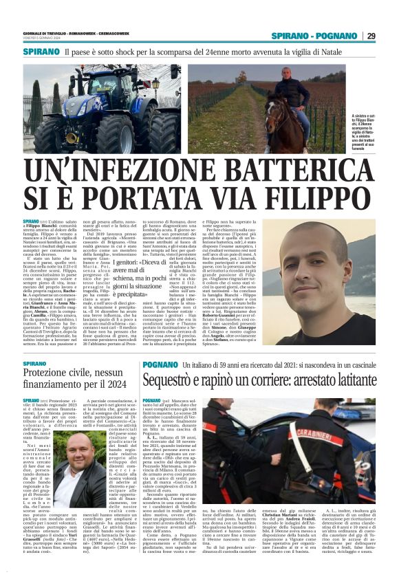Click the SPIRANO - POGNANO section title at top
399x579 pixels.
coord(313,36)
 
